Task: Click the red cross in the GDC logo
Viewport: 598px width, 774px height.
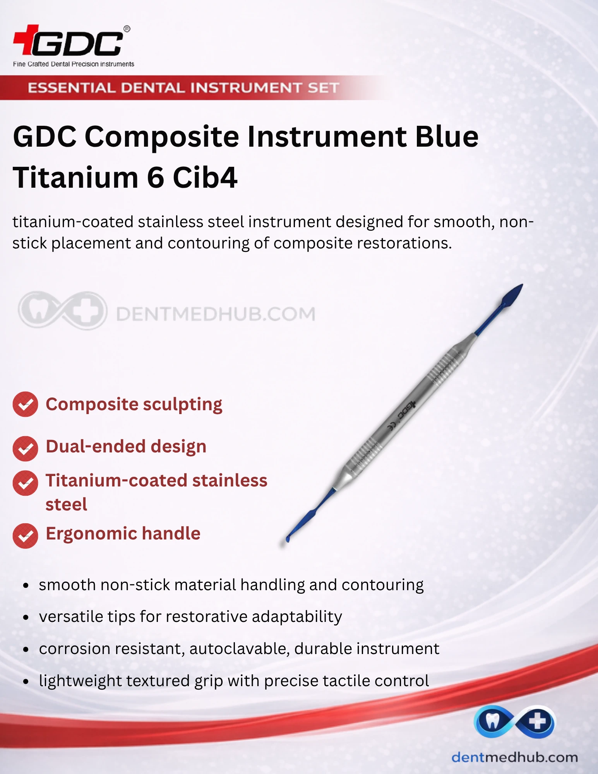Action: [26, 39]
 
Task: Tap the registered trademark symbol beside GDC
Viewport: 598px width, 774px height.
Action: [127, 29]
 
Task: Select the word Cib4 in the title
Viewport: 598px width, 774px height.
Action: [205, 178]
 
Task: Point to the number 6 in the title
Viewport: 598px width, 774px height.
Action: [156, 178]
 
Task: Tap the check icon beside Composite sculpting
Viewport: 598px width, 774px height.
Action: [26, 404]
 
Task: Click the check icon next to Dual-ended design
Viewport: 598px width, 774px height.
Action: [26, 449]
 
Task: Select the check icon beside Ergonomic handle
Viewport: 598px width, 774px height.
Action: [26, 536]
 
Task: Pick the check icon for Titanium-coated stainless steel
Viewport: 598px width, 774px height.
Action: [26, 483]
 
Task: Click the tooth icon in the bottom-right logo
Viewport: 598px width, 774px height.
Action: [492, 721]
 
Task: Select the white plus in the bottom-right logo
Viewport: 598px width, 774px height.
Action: [537, 721]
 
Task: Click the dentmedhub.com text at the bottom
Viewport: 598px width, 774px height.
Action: [515, 757]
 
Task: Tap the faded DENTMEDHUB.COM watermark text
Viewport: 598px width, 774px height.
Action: [216, 314]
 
